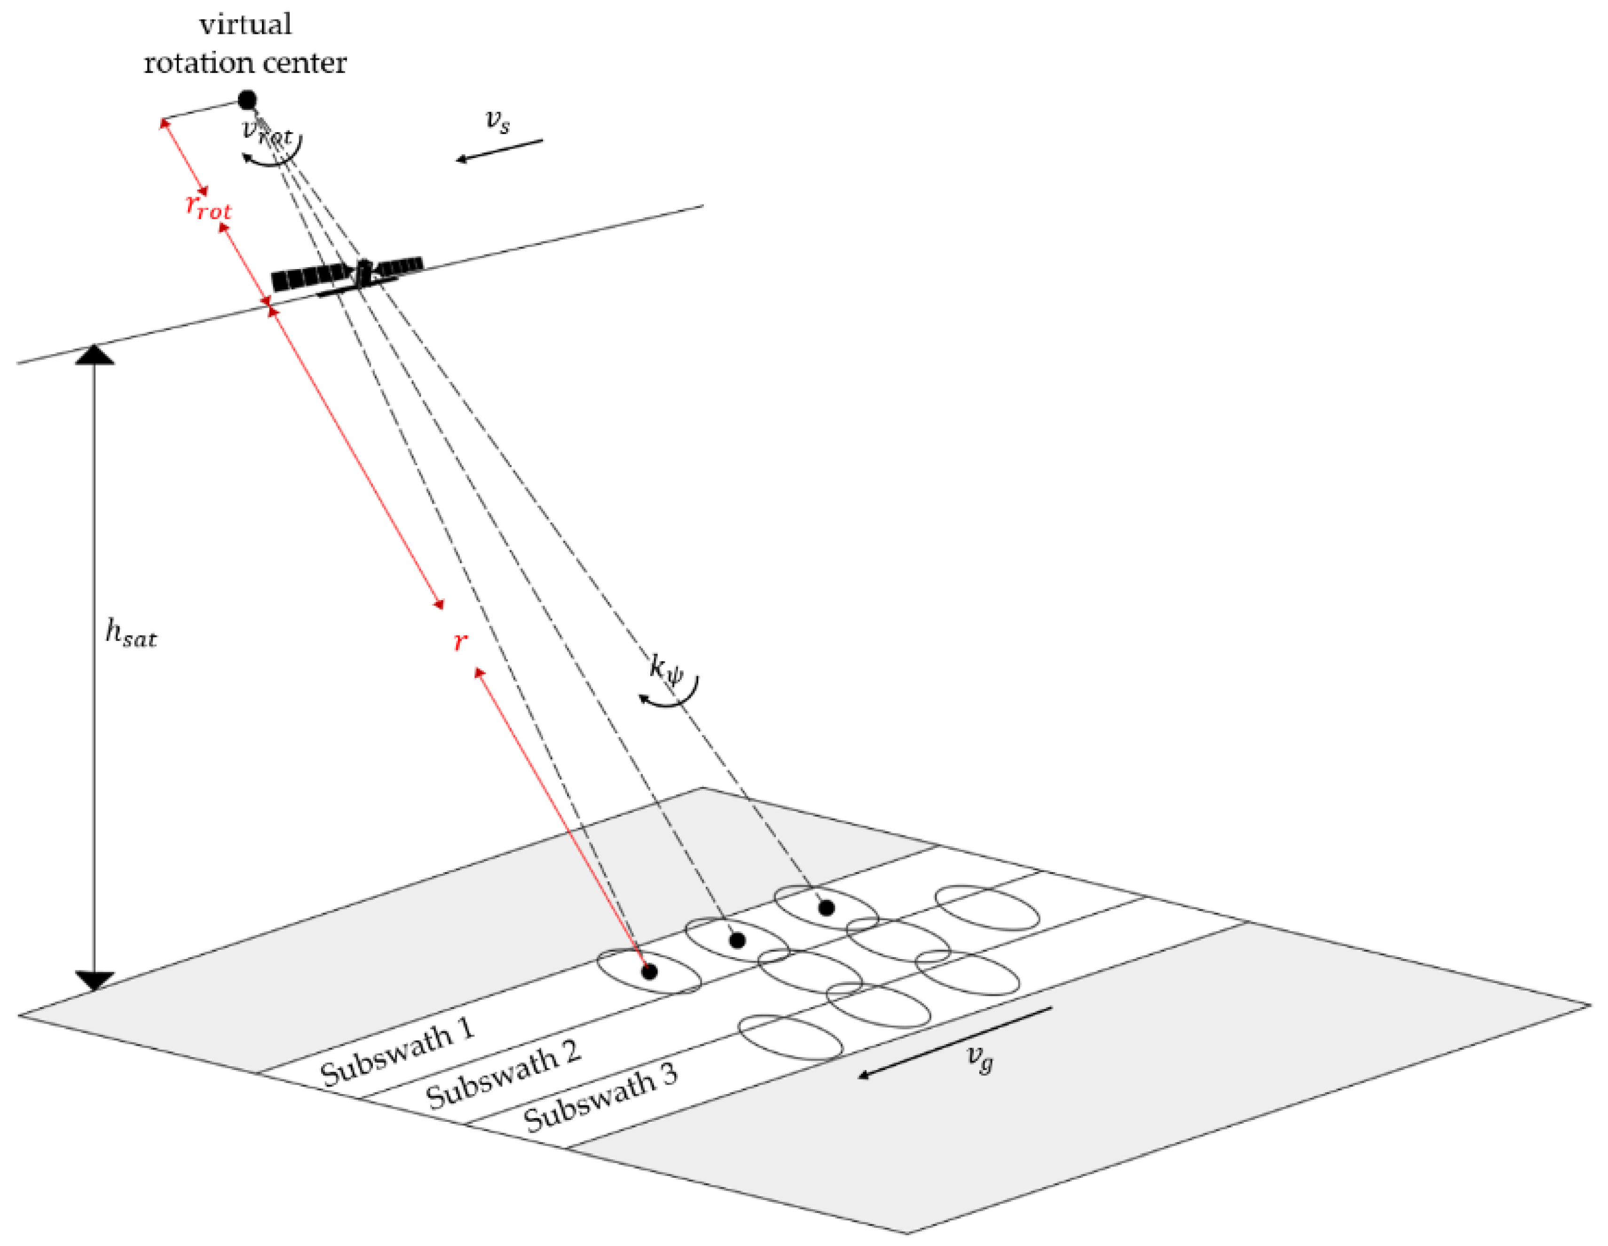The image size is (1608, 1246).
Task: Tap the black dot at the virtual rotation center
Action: click(247, 99)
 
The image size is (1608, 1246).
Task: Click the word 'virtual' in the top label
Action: click(245, 24)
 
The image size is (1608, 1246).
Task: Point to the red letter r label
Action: click(460, 641)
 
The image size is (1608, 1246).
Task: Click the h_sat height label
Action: click(131, 633)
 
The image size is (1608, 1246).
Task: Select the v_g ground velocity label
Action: click(980, 1059)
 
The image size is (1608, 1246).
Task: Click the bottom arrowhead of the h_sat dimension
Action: click(94, 981)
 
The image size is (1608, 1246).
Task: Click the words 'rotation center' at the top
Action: click(245, 63)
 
